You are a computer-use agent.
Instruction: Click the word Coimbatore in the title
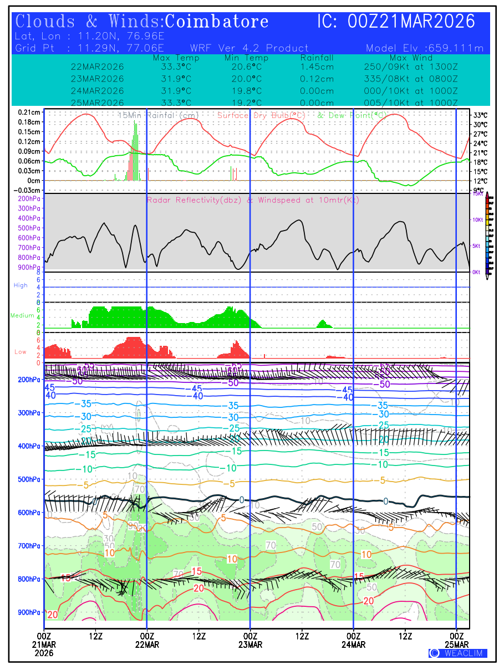[217, 22]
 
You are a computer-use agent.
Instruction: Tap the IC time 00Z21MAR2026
[396, 22]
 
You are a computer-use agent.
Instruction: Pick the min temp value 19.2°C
[246, 103]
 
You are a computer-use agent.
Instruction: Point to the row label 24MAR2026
[98, 91]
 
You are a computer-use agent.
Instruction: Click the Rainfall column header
[317, 58]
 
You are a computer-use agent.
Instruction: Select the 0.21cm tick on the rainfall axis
[29, 112]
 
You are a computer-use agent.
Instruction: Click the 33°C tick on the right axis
[480, 115]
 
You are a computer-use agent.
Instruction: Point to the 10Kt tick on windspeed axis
[476, 220]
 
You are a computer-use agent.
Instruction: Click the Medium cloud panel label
[22, 316]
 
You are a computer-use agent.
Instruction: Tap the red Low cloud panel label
[20, 352]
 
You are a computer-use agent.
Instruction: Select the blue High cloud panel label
[21, 285]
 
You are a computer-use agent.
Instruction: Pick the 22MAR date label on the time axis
[147, 645]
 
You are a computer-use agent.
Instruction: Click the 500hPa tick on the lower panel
[30, 479]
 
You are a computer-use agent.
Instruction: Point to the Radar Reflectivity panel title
[253, 200]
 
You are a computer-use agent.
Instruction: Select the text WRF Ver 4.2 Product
[249, 48]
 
